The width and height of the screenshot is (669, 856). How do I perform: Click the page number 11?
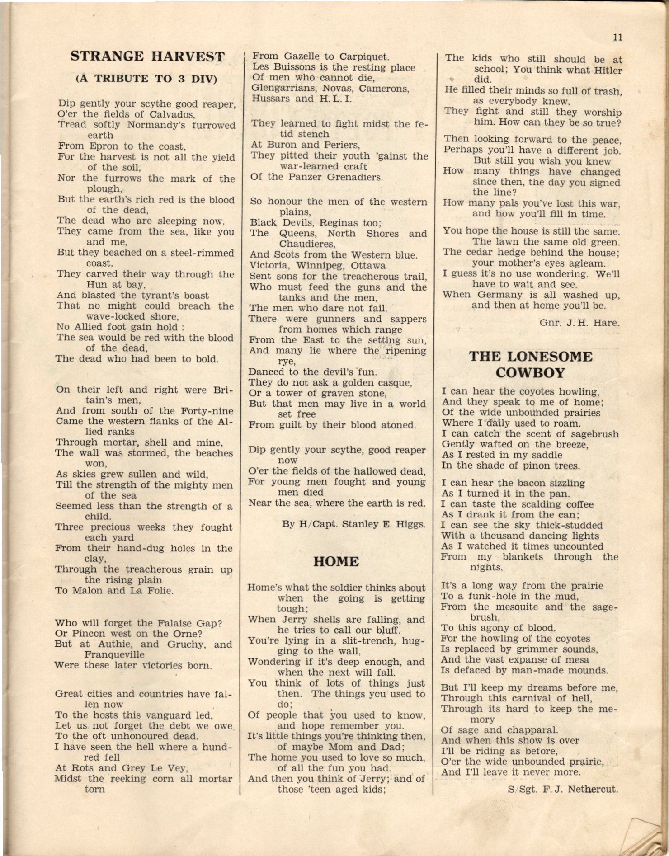[618, 37]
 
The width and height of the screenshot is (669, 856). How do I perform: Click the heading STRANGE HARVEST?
[147, 56]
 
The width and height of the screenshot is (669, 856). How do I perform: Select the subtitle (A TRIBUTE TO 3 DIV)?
[146, 79]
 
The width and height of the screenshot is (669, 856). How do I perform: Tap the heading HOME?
[336, 561]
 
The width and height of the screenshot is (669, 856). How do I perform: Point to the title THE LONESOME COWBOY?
[530, 364]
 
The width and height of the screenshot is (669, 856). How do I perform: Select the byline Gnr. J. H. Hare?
[579, 323]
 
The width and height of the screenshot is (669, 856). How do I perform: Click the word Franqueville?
[114, 654]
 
